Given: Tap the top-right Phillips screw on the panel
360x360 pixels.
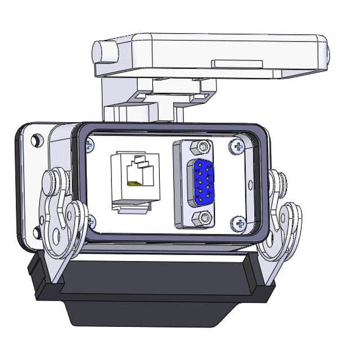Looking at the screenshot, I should click(236, 148).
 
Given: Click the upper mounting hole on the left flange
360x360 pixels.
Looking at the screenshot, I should click(37, 139).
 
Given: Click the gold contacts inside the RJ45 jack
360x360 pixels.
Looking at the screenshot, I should click(134, 183).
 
